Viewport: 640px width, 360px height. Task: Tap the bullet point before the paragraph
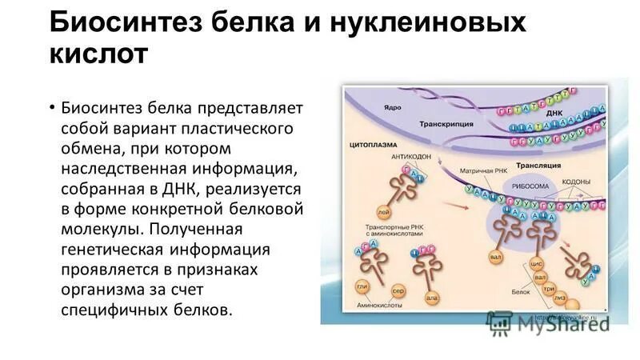pos(52,108)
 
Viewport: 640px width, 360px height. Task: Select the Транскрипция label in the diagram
pos(445,125)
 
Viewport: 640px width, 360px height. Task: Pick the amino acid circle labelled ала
pos(432,298)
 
